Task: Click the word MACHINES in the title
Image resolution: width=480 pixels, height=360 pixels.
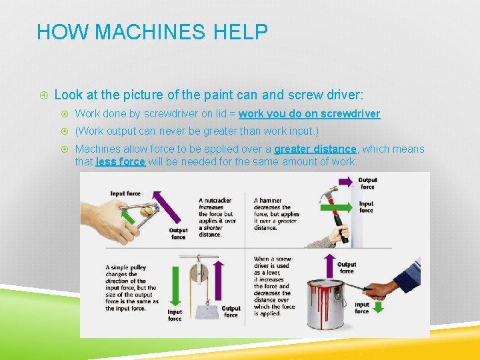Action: [150, 31]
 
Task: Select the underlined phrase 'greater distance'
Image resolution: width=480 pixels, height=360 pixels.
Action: [315, 149]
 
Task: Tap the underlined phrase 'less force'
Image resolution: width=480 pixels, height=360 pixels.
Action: [120, 161]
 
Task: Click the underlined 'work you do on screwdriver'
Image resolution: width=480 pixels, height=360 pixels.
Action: [309, 114]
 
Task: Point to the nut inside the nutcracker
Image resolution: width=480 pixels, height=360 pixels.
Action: [146, 211]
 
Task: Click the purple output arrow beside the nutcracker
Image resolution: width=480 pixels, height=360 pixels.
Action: [166, 207]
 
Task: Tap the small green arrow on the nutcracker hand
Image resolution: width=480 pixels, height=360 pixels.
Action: [128, 217]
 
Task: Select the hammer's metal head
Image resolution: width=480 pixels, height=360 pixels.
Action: [328, 193]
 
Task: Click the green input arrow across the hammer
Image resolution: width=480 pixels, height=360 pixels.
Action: [336, 207]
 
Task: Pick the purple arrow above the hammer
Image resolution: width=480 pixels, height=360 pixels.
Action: [345, 182]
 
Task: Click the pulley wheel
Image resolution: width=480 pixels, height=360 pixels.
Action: [199, 273]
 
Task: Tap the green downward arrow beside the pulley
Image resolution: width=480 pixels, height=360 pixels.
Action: [175, 286]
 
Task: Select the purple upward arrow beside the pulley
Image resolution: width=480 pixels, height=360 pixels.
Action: [218, 281]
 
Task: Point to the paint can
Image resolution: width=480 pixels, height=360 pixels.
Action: [327, 304]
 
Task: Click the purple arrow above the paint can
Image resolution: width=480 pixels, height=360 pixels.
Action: [329, 266]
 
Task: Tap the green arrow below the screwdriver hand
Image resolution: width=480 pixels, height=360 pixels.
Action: [379, 307]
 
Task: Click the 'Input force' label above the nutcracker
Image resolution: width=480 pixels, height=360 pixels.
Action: [125, 193]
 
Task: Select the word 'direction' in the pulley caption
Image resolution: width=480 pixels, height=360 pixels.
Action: [117, 281]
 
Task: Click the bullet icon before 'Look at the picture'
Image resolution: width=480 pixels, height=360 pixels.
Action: [44, 95]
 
